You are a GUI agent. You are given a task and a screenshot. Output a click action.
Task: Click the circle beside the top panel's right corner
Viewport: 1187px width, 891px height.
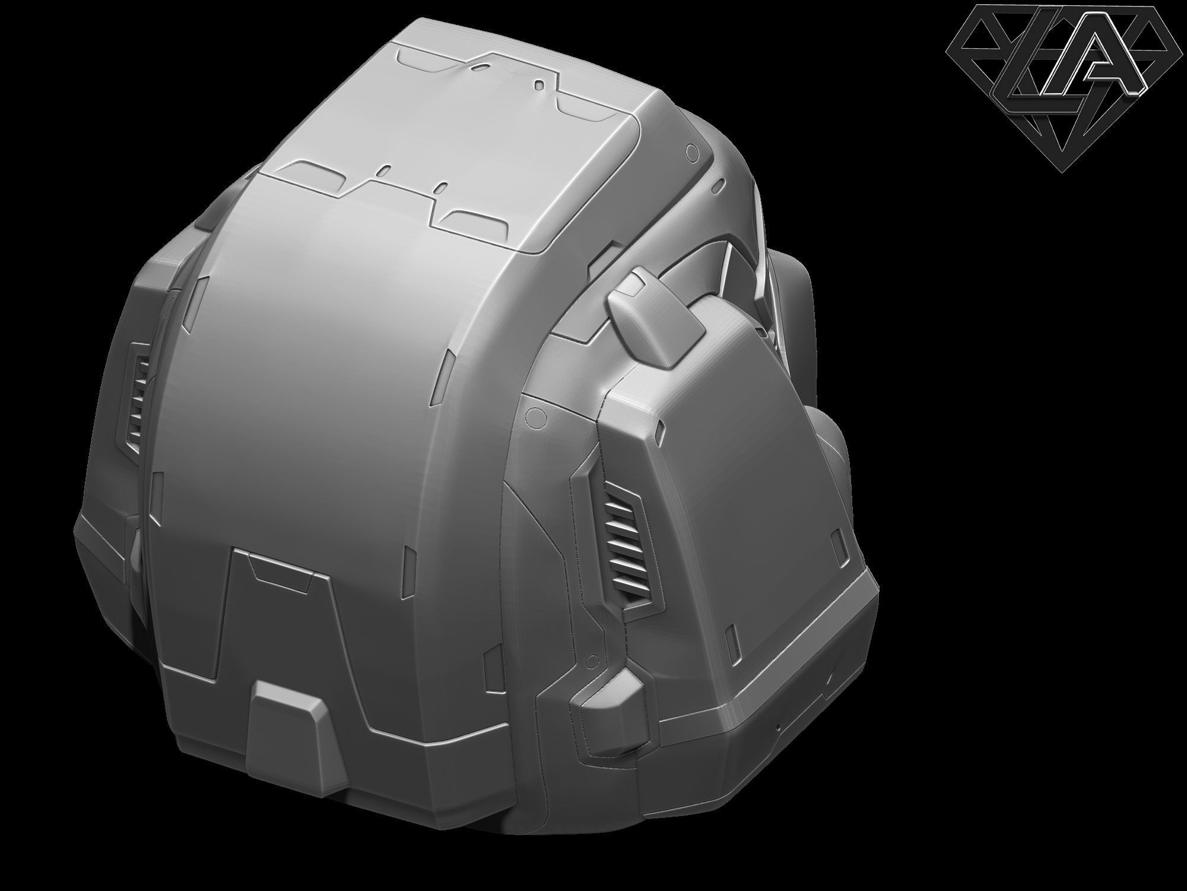690,151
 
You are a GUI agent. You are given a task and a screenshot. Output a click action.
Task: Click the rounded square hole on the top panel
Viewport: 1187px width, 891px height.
539,84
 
